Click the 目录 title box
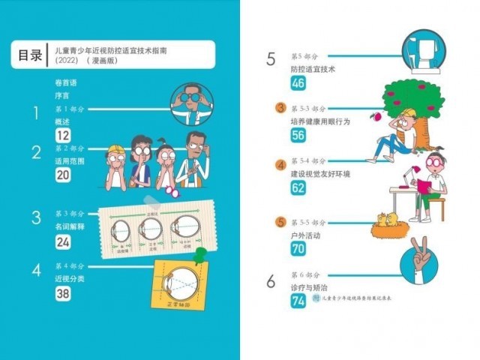[x=29, y=55]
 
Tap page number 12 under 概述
[x=63, y=135]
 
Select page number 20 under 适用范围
[x=63, y=174]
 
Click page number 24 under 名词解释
[x=63, y=241]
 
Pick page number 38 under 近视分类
[x=63, y=294]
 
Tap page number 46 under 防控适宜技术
[x=298, y=82]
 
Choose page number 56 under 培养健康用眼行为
[x=298, y=135]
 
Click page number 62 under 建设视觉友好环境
[x=298, y=188]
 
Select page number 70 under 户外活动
[x=298, y=248]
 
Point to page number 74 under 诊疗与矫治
[x=298, y=301]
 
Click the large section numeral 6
[x=271, y=281]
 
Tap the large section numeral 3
[x=35, y=218]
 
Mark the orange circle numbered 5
[x=280, y=222]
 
